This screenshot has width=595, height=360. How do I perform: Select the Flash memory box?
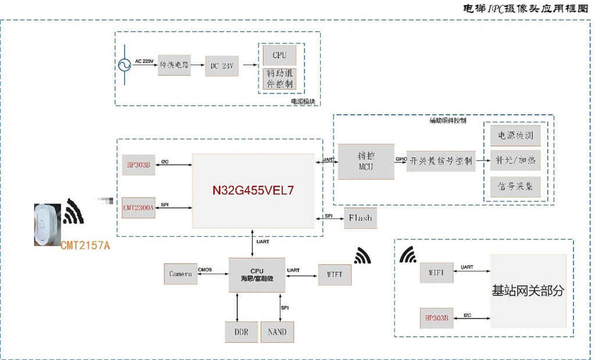(360, 218)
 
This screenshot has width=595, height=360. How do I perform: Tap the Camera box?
(181, 273)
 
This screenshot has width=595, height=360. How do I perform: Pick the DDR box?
(241, 332)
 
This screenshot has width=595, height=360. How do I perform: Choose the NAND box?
(277, 332)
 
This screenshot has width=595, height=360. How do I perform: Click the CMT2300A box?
(138, 207)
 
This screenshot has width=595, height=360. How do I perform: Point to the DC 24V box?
(221, 66)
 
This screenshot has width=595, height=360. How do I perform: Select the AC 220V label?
(145, 61)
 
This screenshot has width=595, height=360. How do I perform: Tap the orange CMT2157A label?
(85, 246)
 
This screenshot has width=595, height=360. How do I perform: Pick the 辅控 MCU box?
(366, 161)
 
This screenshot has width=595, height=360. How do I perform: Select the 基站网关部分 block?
(528, 291)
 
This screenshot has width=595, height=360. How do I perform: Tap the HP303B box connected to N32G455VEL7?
(138, 165)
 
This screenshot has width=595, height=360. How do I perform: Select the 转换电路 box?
(174, 66)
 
